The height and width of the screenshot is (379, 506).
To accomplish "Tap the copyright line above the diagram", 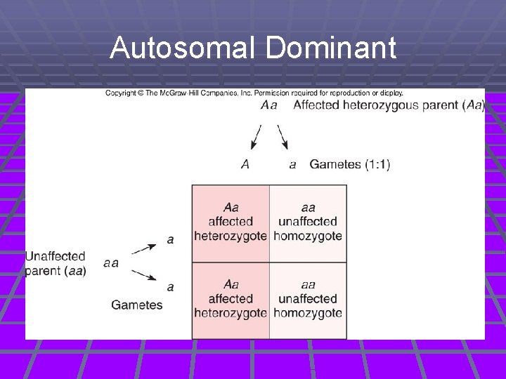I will coord(254,93).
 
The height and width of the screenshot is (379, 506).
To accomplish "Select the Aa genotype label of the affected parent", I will coord(268,105).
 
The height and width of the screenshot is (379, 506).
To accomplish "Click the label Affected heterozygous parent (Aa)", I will coord(389,105).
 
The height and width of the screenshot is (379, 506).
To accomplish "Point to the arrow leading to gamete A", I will coord(257,136).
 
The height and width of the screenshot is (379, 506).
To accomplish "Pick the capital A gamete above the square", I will coord(245,164).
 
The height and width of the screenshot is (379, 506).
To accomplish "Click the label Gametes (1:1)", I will coord(350,164).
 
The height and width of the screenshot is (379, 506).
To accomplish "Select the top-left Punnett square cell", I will coord(231,222).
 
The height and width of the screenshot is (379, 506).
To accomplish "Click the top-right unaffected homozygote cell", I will coord(308,222).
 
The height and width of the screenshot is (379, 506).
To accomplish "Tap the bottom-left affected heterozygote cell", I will coord(231,299).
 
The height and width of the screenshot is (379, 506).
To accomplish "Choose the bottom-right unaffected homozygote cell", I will coord(308,299).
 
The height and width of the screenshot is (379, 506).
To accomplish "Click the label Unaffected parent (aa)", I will coord(56,263).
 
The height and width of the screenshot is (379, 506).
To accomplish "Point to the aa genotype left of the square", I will coord(110,263).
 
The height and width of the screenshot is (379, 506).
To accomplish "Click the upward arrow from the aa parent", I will coord(144,248).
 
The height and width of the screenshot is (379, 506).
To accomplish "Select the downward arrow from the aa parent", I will coord(144,275).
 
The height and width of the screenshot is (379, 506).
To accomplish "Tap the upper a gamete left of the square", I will coord(170,240).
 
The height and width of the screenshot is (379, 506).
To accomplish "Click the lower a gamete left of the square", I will coord(170,287).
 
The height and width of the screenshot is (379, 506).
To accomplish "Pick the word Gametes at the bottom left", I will coord(137,305).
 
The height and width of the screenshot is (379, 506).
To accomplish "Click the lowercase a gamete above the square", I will coord(292,165).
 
